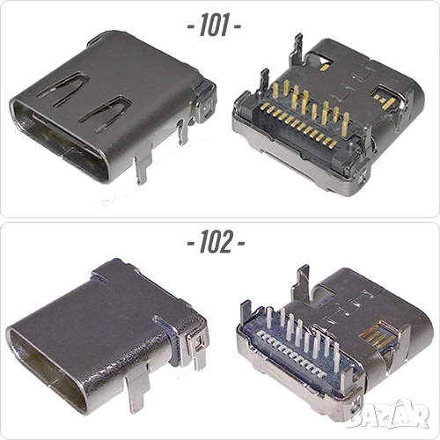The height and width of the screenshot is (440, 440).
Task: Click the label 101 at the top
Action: [x=214, y=26]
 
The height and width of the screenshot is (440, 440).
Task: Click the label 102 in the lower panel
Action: [x=216, y=242]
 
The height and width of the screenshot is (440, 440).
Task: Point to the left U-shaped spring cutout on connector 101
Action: [x=63, y=87]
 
